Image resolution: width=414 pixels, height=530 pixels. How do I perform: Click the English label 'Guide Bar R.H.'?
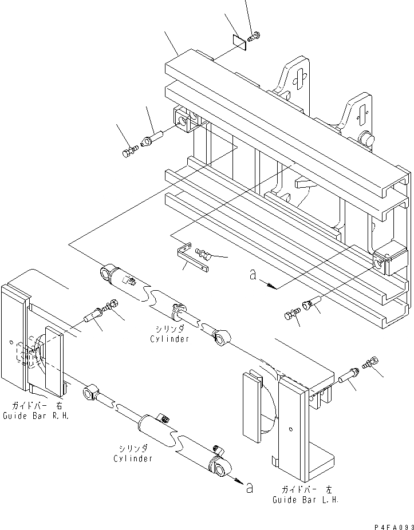tap(36, 416)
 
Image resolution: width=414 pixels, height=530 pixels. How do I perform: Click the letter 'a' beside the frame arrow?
tap(253, 275)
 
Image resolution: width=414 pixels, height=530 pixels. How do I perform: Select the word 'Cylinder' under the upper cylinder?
tap(169, 339)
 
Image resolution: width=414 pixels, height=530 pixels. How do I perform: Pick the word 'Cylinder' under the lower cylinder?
tap(133, 458)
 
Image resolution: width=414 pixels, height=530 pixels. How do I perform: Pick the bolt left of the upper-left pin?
tap(129, 152)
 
